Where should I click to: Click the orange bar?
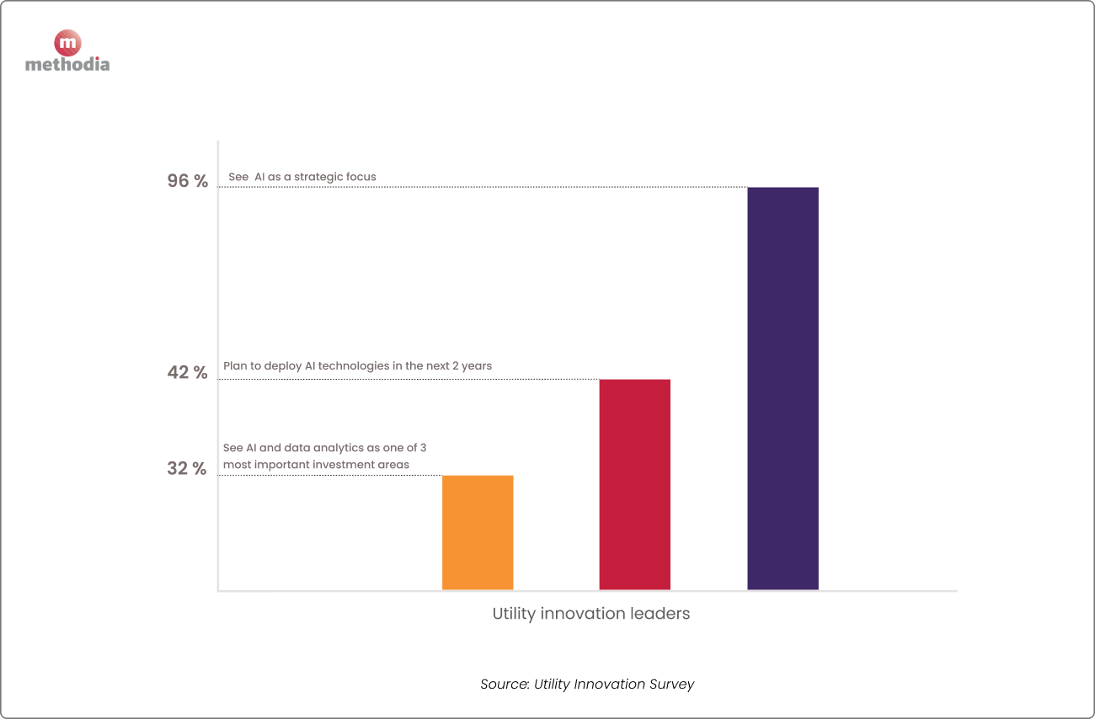click(x=478, y=532)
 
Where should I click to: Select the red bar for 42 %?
click(x=634, y=484)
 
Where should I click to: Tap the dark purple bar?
click(x=783, y=388)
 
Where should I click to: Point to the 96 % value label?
click(x=187, y=181)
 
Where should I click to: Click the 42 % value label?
click(x=187, y=372)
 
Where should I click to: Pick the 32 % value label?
click(x=186, y=469)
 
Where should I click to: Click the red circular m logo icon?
click(x=67, y=43)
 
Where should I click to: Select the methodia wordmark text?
click(x=67, y=64)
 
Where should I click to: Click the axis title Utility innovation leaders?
click(x=590, y=614)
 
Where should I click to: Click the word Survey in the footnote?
click(x=670, y=684)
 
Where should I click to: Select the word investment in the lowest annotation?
click(x=346, y=465)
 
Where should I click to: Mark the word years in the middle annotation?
click(x=476, y=366)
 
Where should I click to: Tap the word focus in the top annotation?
click(x=361, y=178)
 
